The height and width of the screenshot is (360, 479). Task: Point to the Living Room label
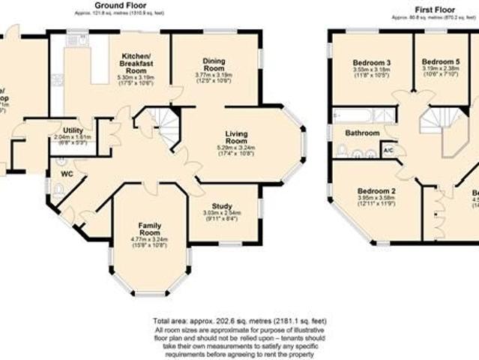click(x=236, y=136)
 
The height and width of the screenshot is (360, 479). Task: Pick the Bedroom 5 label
click(x=440, y=61)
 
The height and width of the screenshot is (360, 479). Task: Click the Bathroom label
click(x=362, y=133)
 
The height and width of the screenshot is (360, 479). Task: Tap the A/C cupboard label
click(x=388, y=150)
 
